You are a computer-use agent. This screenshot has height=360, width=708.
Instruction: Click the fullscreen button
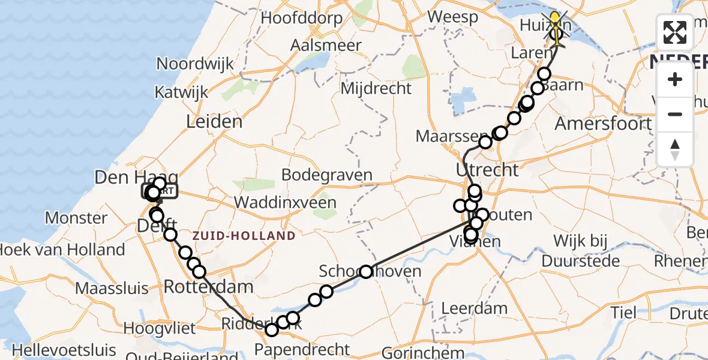point(675,32)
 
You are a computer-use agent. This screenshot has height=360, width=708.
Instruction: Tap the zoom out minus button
point(675,114)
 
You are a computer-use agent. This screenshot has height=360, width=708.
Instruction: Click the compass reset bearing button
point(675,149)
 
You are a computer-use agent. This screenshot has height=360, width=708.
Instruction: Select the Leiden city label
point(214,122)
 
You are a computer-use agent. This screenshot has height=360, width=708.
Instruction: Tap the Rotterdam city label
point(208,287)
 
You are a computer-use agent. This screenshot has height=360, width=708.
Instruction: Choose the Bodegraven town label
point(327,175)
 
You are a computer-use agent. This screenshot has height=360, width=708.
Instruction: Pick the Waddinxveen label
point(285,202)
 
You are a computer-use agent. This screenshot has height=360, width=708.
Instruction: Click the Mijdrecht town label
point(376,89)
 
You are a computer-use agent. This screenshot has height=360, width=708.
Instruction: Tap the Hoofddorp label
point(302,18)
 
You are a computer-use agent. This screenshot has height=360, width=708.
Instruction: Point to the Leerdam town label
point(474,309)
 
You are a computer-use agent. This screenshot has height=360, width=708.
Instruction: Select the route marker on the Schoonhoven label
point(366,272)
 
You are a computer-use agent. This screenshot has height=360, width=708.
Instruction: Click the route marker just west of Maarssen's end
point(485,143)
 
